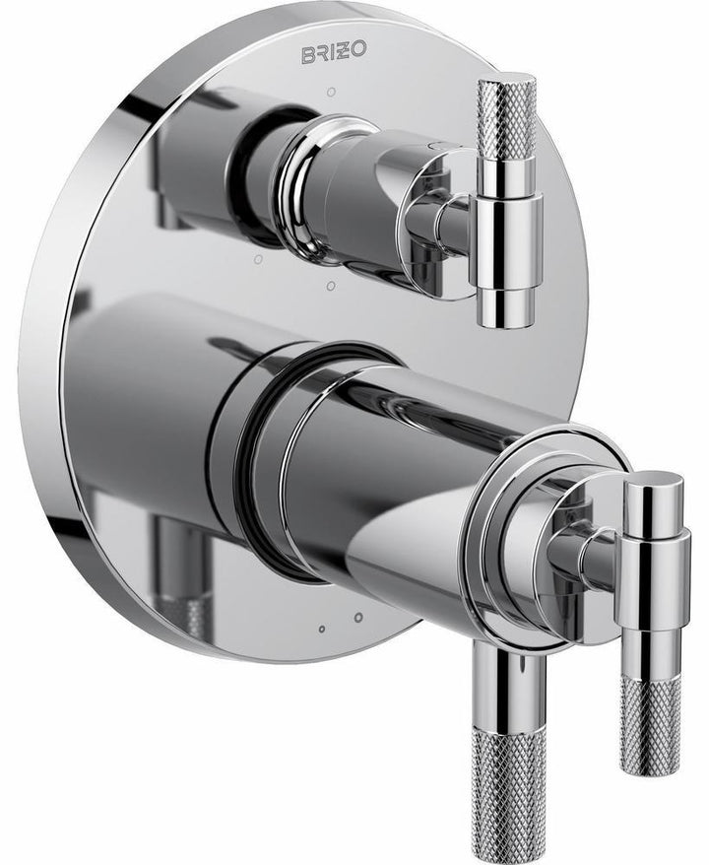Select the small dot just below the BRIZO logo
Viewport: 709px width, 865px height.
[x=331, y=92]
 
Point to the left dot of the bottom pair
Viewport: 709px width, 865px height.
[x=322, y=628]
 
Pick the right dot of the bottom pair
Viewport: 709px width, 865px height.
[x=357, y=618]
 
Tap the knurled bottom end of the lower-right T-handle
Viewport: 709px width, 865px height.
[x=650, y=724]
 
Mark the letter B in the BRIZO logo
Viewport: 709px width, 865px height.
[x=306, y=54]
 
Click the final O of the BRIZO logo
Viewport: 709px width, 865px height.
[x=360, y=54]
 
